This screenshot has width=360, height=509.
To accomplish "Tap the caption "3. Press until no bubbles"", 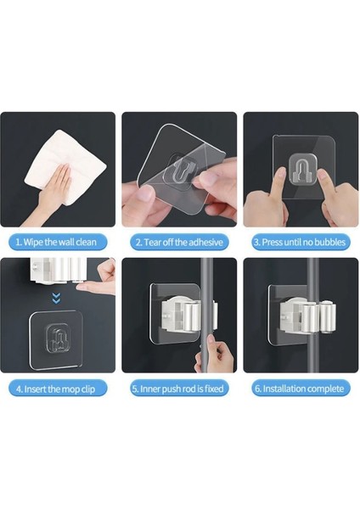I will [301, 242].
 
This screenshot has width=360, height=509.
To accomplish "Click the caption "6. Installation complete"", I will [301, 389].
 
